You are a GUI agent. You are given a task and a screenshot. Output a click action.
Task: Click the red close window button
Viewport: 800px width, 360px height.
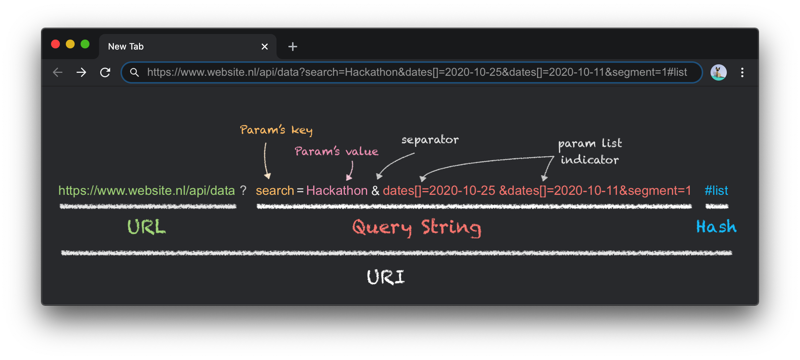pos(55,44)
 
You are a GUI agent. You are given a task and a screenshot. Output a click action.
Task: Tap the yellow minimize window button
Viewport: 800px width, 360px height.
pos(70,44)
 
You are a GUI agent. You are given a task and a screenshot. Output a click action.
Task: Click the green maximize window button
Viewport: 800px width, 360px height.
pos(85,44)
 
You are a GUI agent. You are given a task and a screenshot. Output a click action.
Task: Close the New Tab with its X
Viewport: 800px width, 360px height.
pos(265,47)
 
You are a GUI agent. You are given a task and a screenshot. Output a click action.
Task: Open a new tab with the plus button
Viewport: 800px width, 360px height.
pos(293,47)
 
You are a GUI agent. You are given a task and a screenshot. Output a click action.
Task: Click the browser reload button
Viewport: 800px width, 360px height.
pos(105,72)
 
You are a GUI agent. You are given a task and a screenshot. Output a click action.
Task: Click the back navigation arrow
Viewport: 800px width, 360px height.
pos(58,72)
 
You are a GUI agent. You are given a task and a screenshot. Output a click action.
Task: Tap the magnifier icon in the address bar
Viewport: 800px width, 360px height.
pos(135,72)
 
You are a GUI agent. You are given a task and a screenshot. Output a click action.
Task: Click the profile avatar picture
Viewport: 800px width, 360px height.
pos(718,72)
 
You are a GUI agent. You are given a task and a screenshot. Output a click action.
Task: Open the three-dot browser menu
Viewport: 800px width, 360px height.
pos(742,72)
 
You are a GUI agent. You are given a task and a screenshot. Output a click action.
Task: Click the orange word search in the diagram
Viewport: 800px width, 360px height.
pos(275,191)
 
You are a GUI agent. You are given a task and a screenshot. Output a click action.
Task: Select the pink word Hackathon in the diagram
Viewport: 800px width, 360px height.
pos(337,191)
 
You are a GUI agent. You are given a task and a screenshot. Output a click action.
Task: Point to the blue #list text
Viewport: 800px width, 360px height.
pos(716,191)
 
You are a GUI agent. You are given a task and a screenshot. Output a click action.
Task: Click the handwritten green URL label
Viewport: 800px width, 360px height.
pos(146,227)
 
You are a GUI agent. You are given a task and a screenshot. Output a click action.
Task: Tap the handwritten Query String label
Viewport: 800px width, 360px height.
pos(417,228)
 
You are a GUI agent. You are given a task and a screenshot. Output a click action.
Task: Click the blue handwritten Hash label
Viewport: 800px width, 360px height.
pos(716,227)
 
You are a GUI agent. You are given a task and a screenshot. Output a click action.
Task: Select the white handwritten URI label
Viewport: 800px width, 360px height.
pos(386,277)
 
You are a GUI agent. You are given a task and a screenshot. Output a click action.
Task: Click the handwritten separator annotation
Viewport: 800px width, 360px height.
pos(430,140)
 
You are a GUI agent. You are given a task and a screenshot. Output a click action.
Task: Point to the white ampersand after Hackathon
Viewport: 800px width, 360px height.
pos(375,191)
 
